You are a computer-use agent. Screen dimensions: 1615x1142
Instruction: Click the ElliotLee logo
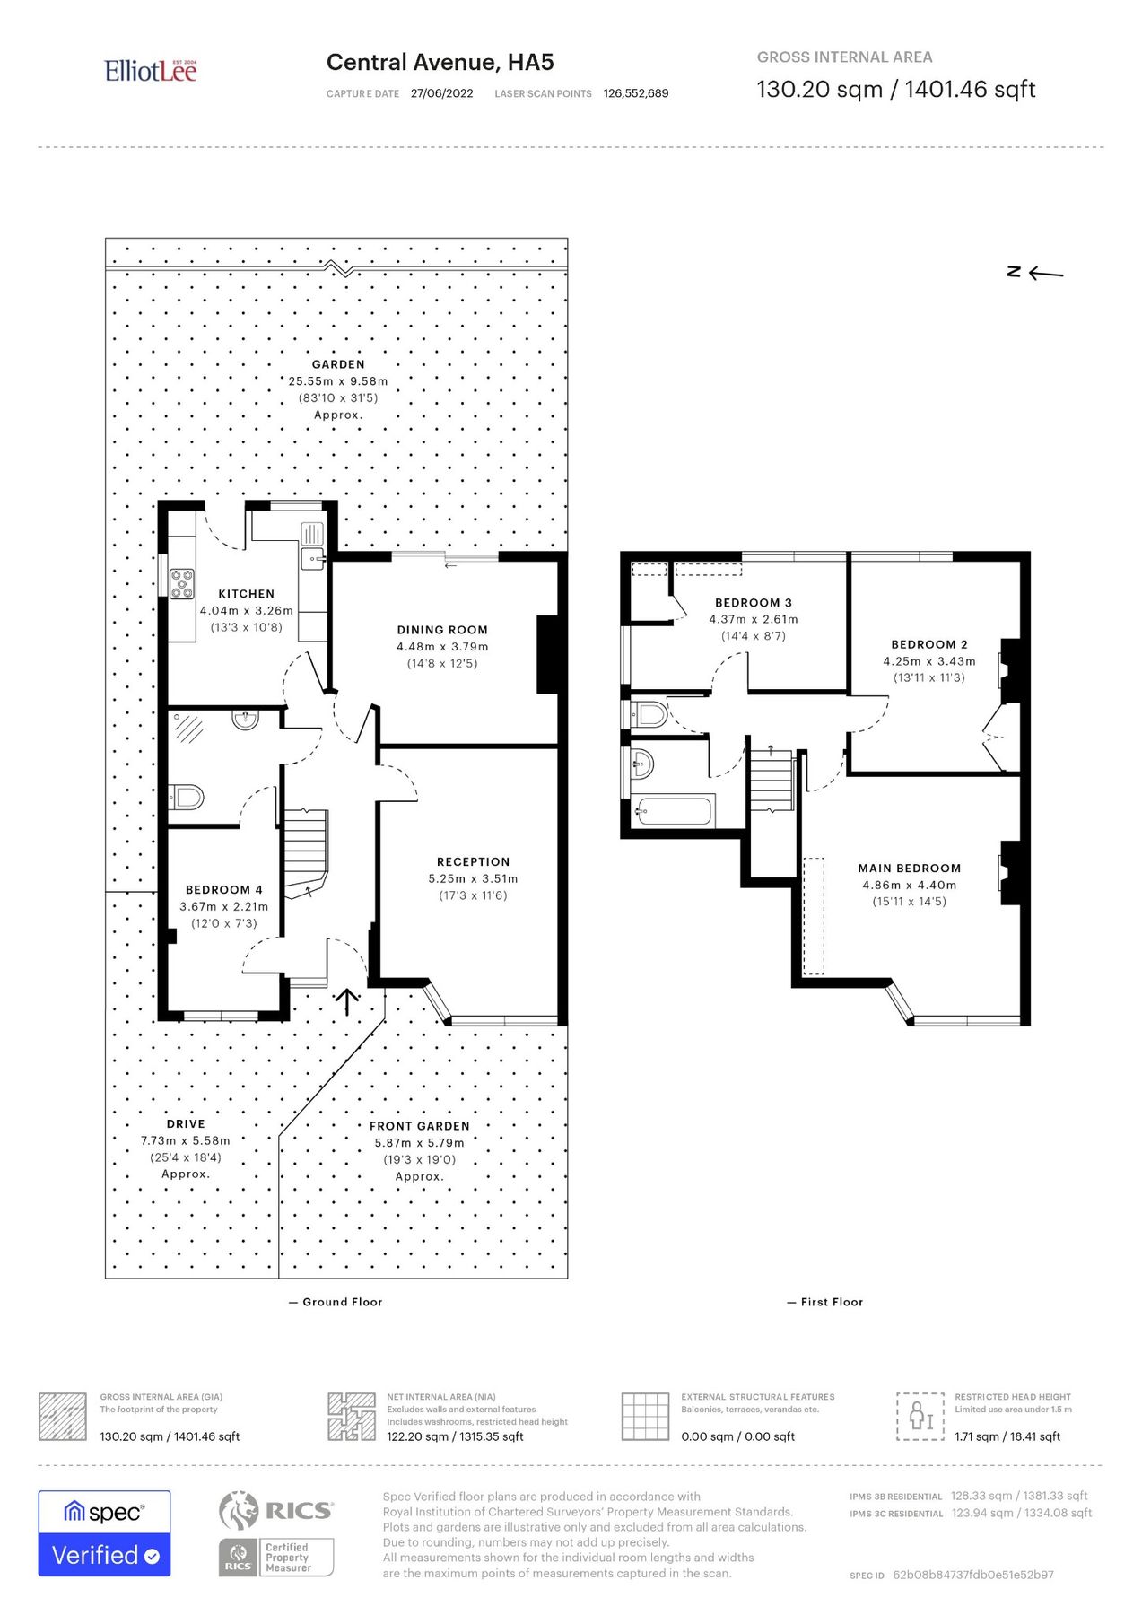point(150,71)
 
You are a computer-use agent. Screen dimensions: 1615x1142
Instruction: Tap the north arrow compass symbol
point(1035,272)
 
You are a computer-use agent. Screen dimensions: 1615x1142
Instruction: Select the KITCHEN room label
point(246,594)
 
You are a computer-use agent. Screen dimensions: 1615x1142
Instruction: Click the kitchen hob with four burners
point(182,583)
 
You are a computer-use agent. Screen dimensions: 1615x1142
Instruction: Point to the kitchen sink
point(313,559)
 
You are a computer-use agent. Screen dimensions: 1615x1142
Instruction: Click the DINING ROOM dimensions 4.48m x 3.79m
point(442,647)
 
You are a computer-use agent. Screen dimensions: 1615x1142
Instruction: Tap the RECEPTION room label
point(473,861)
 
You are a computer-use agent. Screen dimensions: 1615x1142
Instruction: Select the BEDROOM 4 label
point(223,890)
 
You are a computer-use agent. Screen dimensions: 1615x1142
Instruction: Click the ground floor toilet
point(187,797)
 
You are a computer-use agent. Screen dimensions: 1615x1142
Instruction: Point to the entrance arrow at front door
point(347,1001)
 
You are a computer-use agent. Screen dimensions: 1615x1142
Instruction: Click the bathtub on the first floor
point(673,811)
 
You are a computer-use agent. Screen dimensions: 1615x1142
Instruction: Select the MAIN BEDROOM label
point(909,869)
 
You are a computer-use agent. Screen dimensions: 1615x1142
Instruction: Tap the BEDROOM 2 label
point(928,644)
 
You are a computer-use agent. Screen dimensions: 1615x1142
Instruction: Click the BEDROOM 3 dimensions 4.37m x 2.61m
point(753,619)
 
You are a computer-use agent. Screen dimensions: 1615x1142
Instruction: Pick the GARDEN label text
point(338,364)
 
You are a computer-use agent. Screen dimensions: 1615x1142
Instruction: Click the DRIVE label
point(186,1124)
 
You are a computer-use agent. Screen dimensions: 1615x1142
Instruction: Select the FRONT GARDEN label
point(419,1126)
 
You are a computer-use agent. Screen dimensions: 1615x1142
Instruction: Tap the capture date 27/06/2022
point(441,93)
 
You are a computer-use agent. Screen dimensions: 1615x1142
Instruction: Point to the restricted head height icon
point(920,1416)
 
